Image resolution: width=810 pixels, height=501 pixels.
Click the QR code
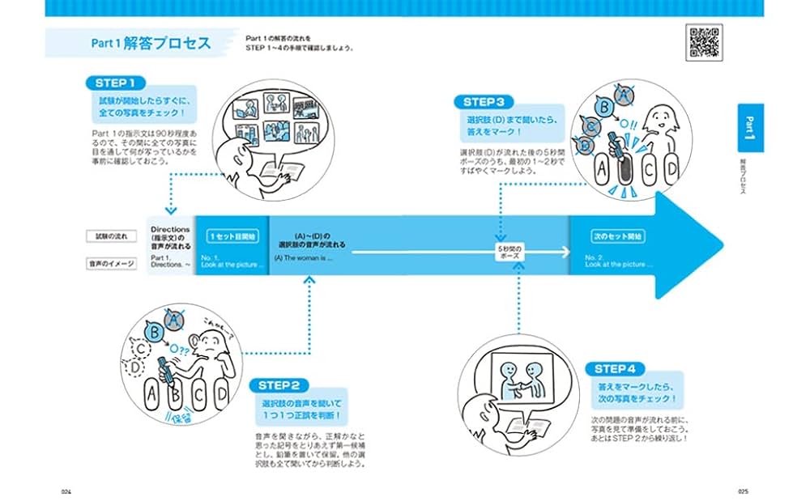[703, 42]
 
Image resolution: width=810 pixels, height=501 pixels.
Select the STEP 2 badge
[279, 385]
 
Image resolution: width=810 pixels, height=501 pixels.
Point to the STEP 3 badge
[484, 102]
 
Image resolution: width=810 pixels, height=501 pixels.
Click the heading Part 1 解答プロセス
[151, 43]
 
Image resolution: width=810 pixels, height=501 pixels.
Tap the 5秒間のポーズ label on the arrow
[509, 253]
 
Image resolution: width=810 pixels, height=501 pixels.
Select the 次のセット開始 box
[618, 236]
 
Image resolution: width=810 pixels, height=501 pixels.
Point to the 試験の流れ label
[111, 236]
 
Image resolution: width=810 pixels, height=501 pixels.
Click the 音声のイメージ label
[111, 264]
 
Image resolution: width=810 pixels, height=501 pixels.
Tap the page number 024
[67, 491]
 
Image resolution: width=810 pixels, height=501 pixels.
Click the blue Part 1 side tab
[750, 127]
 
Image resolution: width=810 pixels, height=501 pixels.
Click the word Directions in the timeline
[170, 230]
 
